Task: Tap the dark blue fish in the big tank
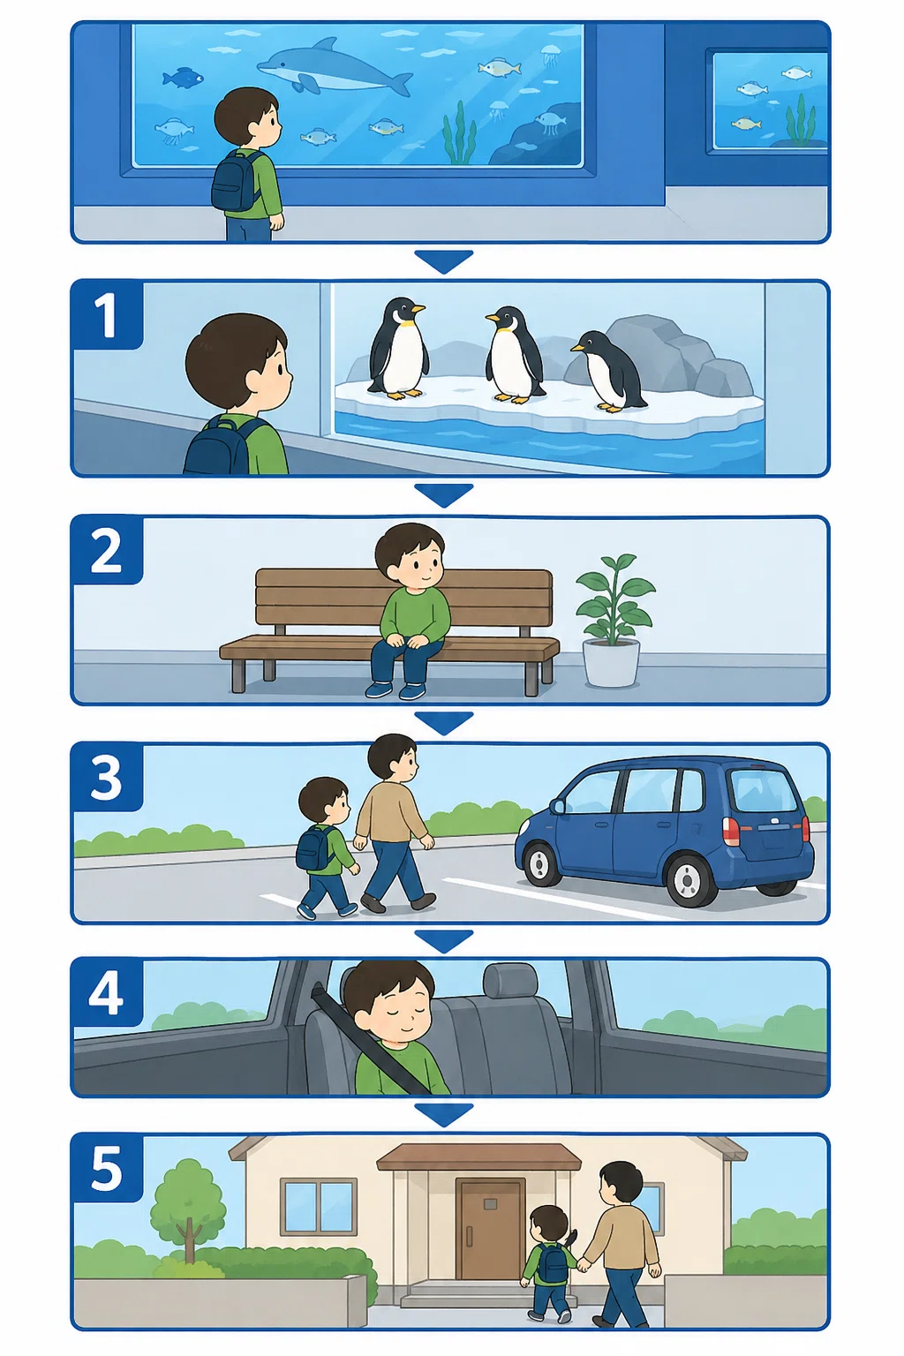pos(182,78)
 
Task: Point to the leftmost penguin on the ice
pos(398,349)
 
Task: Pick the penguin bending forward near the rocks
pos(607,369)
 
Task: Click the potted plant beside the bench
pos(614,621)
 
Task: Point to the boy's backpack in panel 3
pos(313,848)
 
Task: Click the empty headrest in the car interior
pos(510,981)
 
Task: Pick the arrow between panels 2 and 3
pos(444,723)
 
